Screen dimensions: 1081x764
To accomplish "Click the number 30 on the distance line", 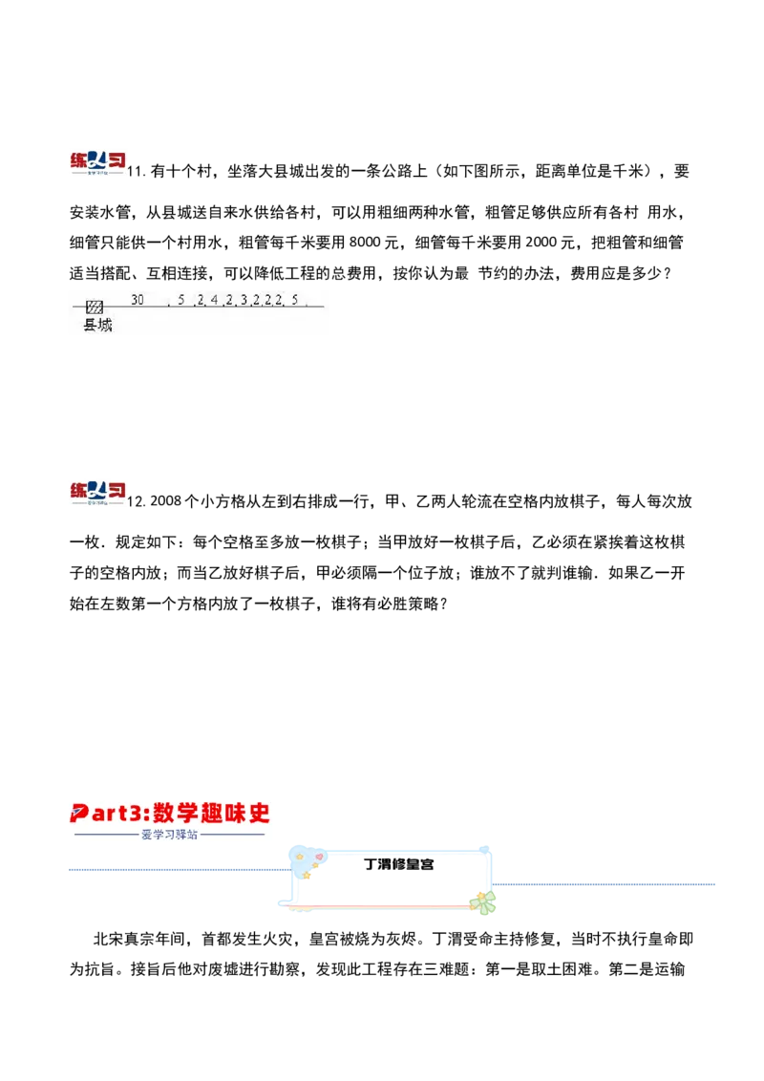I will (x=138, y=300).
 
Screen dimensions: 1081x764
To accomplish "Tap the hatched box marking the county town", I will (x=95, y=307).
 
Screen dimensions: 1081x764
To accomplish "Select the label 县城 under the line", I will (x=98, y=326).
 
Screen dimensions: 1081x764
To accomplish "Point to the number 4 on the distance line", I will (x=215, y=300).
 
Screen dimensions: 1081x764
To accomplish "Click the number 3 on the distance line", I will (x=244, y=300).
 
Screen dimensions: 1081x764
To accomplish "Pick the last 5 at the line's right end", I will (x=295, y=300).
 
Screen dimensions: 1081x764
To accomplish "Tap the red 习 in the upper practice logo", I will (x=116, y=159).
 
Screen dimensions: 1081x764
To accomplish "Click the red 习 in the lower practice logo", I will (x=116, y=488).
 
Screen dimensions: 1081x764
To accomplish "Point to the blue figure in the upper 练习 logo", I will (x=95, y=159).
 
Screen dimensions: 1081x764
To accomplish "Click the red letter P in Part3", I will (x=79, y=814).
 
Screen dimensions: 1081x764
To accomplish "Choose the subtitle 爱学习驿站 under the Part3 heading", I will (x=169, y=834).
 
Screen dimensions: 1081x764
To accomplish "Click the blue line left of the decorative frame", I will (x=177, y=871).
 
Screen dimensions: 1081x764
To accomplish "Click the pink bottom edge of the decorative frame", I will (x=382, y=904).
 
